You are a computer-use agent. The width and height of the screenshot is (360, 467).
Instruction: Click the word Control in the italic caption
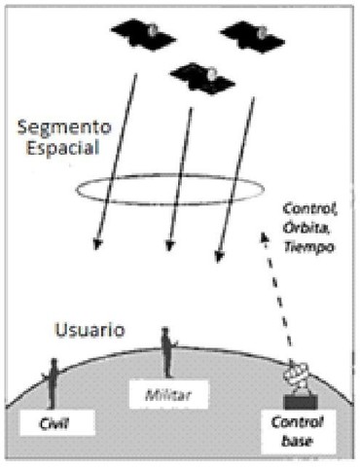[306, 207]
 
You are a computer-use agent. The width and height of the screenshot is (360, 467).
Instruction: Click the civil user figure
[52, 381]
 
